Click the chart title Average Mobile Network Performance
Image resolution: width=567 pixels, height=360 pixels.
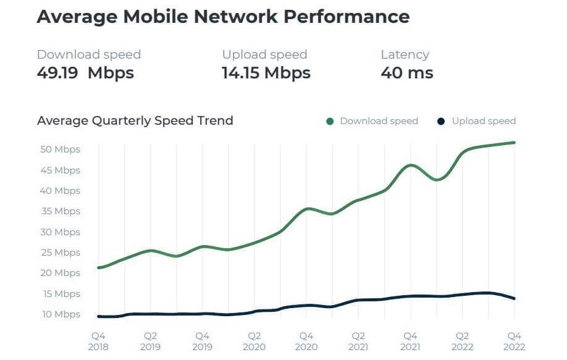tap(223, 17)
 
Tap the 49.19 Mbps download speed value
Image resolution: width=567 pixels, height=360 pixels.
tap(85, 73)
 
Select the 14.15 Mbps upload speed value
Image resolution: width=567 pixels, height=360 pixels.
tap(266, 73)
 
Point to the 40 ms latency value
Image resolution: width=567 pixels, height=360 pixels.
tap(407, 73)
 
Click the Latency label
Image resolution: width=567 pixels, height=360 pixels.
tap(405, 54)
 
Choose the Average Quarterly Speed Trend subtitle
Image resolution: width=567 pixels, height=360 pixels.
tap(135, 120)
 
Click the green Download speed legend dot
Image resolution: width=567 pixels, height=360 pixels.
tap(330, 121)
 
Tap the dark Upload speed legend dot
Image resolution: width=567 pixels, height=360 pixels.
tap(441, 121)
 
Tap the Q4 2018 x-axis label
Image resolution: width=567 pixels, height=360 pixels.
tap(98, 341)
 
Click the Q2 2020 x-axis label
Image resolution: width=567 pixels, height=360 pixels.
tap(254, 341)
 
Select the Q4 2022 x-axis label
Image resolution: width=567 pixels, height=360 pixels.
tap(514, 341)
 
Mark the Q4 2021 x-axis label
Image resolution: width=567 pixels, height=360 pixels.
tap(410, 341)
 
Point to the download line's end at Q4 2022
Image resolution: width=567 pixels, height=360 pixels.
tap(514, 143)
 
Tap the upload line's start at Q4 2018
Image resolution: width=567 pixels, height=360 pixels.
tap(99, 316)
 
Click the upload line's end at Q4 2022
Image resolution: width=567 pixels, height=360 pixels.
tap(514, 299)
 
